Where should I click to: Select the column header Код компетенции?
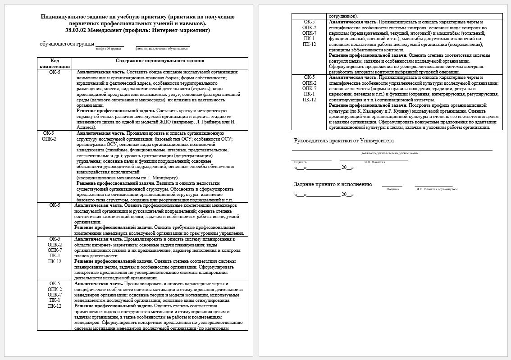(x=54, y=63)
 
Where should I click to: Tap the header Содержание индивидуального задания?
(x=160, y=60)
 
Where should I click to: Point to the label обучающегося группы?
(x=67, y=44)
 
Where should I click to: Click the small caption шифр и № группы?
(x=109, y=48)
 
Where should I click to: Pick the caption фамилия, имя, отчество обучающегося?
(x=161, y=48)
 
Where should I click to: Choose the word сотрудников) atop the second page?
(x=344, y=16)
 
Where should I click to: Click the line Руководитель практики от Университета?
(x=344, y=141)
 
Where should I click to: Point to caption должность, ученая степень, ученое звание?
(x=393, y=153)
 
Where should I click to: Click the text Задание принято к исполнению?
(x=333, y=184)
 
